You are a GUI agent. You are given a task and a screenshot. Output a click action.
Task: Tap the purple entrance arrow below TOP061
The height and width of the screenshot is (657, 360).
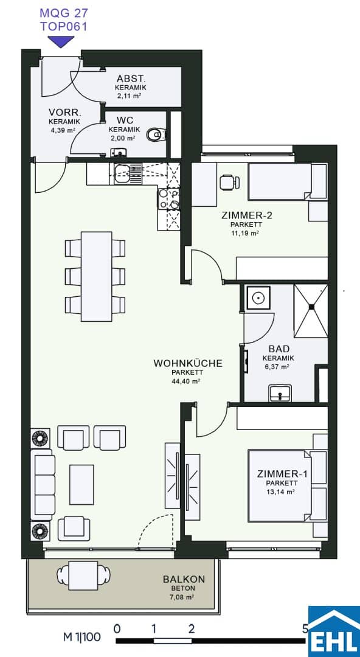[x=61, y=41]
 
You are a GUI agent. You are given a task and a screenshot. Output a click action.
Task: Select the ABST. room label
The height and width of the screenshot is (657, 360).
[x=130, y=78]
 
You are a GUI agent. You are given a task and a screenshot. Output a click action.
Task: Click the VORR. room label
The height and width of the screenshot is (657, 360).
[x=64, y=113]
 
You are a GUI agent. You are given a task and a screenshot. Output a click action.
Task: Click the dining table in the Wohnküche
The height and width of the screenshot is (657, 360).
[x=97, y=277]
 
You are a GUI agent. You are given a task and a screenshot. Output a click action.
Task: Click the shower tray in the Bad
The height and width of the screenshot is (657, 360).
[x=311, y=310]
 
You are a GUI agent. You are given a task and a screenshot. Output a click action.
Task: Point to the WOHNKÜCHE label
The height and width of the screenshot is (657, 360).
[x=188, y=363]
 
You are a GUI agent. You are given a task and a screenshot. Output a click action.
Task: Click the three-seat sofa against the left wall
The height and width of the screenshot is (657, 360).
[x=44, y=484]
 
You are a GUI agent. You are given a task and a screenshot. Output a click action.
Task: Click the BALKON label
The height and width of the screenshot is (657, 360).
[x=184, y=580]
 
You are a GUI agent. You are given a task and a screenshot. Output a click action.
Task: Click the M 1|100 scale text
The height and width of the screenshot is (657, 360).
[x=82, y=638]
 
